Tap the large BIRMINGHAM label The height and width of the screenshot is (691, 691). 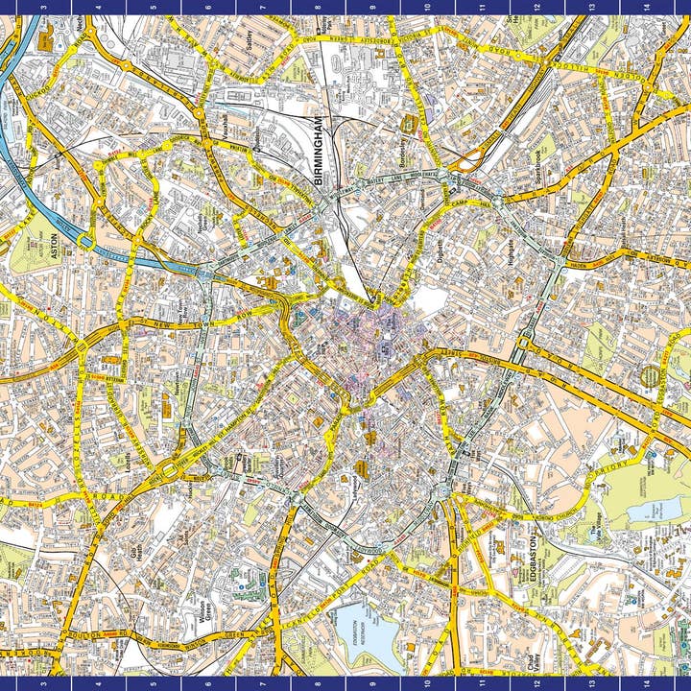321,151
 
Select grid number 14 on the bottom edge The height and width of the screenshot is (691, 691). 646,684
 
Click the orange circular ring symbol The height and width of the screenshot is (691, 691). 652,376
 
